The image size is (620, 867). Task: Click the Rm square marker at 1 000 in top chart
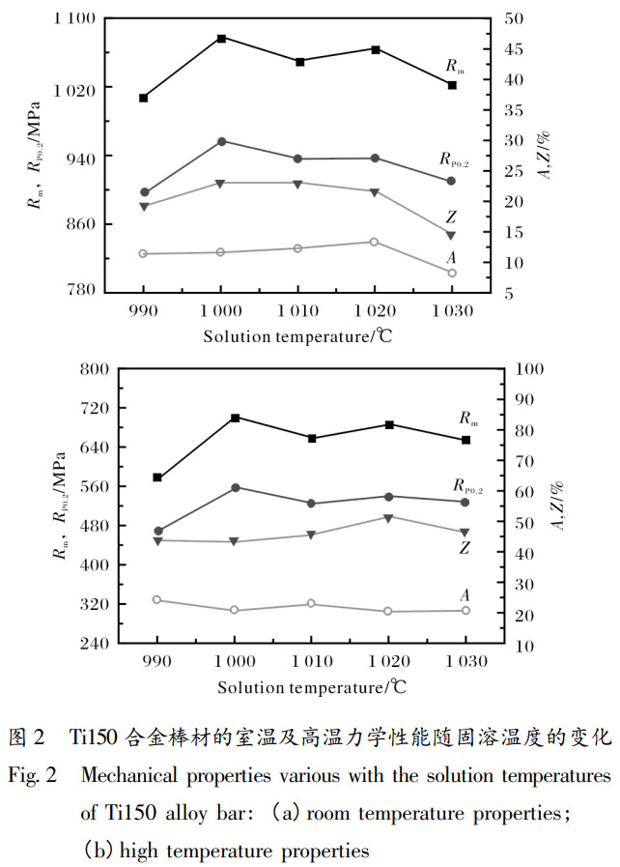click(221, 39)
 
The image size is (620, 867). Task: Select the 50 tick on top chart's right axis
click(515, 18)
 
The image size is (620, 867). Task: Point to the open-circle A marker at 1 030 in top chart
click(451, 273)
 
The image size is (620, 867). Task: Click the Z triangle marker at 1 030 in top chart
click(451, 235)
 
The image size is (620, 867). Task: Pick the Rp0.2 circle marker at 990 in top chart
click(144, 192)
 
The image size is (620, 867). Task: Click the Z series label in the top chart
click(451, 217)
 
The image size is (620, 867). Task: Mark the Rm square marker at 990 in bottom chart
click(157, 477)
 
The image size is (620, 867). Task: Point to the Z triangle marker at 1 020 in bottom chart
click(388, 517)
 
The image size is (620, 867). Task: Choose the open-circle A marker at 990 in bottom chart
click(157, 600)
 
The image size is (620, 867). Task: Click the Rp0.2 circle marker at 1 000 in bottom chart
click(235, 487)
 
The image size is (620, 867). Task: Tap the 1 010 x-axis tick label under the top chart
click(297, 310)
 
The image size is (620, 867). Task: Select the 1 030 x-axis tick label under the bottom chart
click(465, 662)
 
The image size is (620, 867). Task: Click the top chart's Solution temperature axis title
click(297, 335)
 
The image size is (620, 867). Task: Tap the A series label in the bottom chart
click(465, 595)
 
